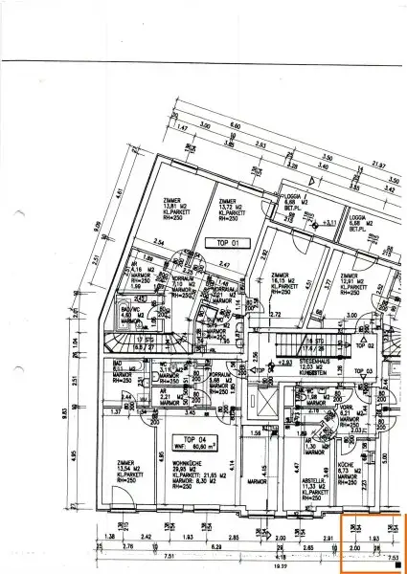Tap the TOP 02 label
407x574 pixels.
[x=362, y=344]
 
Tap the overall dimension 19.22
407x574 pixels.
[x=281, y=566]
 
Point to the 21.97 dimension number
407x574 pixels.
[x=378, y=166]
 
